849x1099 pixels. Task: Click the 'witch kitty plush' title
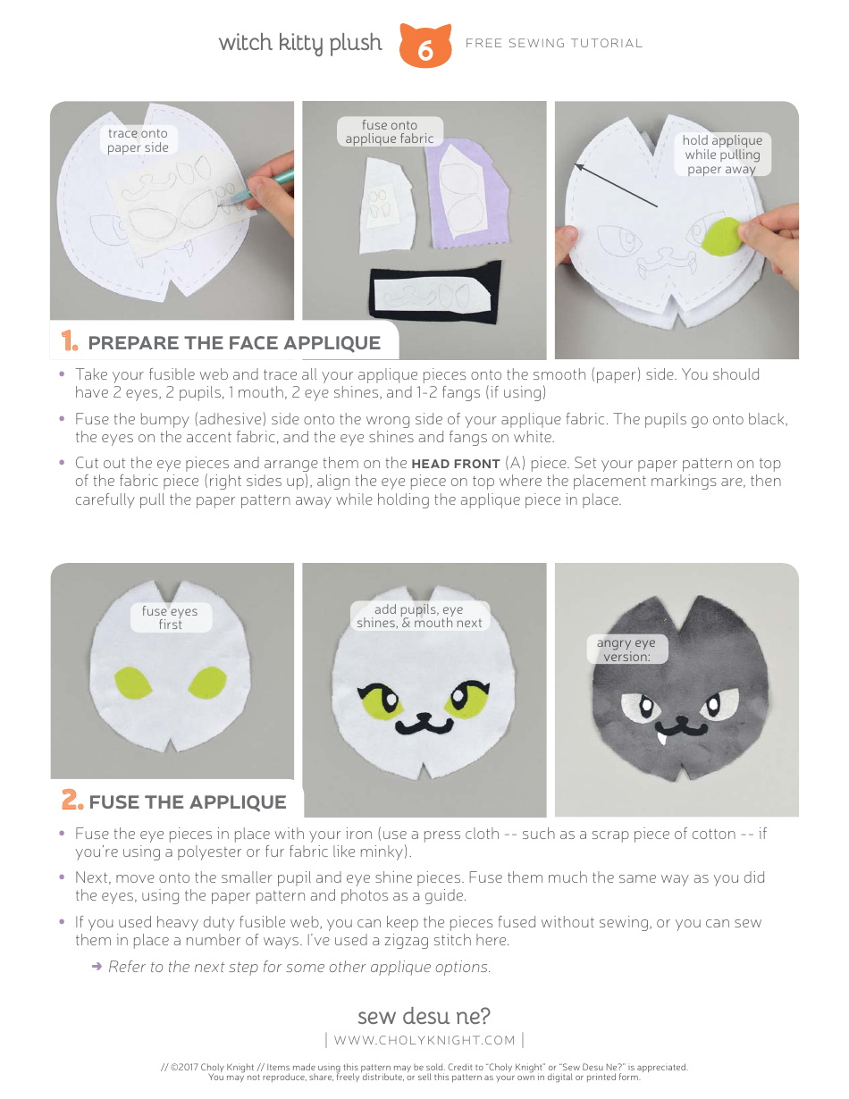point(300,43)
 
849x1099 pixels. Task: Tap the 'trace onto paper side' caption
point(138,140)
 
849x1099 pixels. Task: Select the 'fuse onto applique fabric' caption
point(390,132)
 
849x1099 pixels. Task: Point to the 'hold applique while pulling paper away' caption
point(721,154)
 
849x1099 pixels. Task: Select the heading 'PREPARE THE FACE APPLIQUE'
point(234,343)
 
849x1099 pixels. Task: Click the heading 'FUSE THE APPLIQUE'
point(188,801)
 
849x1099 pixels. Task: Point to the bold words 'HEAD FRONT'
point(455,463)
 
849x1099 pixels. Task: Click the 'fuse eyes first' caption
point(170,617)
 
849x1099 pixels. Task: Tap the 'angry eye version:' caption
point(626,650)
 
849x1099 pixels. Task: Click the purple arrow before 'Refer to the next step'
point(97,967)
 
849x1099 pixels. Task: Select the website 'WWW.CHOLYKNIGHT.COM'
point(424,1039)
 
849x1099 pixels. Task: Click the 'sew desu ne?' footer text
point(424,1016)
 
